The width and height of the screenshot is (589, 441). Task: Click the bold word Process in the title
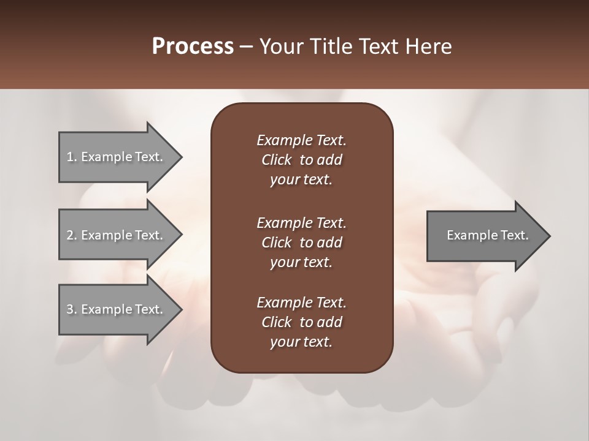coord(193,47)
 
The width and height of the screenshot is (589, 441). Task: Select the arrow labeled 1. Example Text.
coord(117,157)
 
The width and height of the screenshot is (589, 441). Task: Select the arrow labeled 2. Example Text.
coord(117,235)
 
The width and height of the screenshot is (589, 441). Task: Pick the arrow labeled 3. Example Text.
coord(117,309)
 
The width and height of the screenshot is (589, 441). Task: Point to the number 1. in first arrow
coord(71,157)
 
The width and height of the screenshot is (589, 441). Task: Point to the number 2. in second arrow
coord(71,235)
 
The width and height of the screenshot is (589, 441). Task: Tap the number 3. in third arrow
coord(71,309)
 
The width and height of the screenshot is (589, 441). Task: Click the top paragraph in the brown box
coord(301,160)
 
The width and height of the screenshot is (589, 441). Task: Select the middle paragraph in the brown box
coord(301,243)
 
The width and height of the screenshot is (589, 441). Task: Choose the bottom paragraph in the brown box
coord(301,322)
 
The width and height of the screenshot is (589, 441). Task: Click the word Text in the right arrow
coord(514,235)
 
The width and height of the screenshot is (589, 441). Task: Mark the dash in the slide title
coord(246,47)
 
